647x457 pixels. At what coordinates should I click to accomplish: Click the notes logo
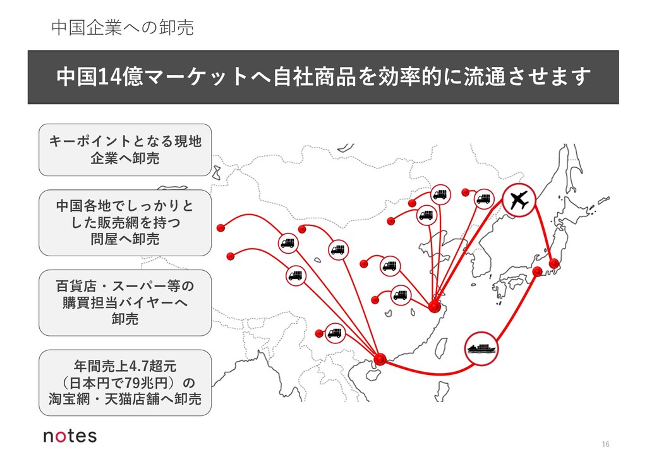70,436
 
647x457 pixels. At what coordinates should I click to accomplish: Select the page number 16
605,444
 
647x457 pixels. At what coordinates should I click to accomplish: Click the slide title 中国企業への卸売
122,27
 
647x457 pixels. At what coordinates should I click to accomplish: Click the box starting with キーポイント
124,150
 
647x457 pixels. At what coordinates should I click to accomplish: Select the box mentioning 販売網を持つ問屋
124,222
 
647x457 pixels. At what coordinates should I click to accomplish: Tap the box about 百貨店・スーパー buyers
124,303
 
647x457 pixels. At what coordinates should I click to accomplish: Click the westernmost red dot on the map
221,228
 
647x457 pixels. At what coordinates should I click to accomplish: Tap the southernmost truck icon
334,332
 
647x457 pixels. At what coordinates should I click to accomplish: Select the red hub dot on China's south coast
380,359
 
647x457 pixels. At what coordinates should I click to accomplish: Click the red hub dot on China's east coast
433,307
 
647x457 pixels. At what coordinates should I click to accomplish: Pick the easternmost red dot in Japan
554,263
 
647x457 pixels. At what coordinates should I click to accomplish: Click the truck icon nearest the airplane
483,199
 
